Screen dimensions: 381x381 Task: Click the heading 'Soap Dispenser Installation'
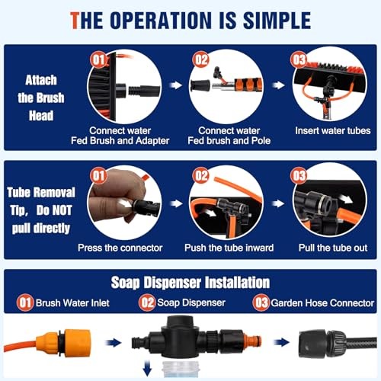coord(190,283)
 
